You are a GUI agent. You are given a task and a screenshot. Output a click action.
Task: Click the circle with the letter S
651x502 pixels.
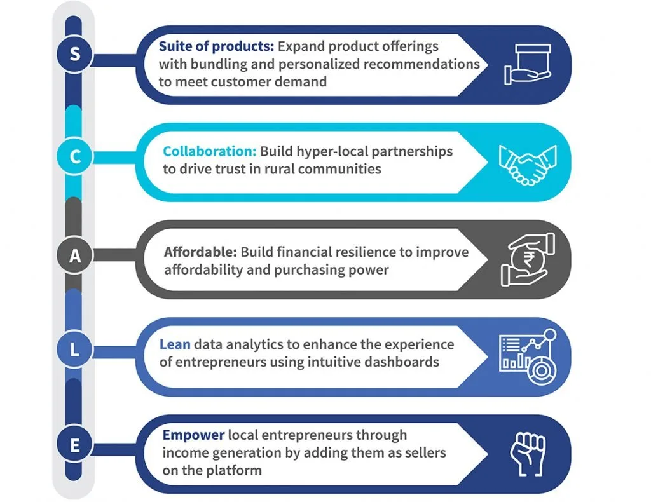coord(75,54)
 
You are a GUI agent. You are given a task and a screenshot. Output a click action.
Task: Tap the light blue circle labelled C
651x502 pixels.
coord(75,157)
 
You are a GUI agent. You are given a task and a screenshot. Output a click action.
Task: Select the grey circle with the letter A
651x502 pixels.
coord(75,255)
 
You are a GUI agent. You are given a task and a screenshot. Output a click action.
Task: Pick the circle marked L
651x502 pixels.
coord(75,349)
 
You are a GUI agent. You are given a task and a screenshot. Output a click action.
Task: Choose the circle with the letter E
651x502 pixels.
coord(75,445)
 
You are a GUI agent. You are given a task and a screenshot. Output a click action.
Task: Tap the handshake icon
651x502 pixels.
coord(528,165)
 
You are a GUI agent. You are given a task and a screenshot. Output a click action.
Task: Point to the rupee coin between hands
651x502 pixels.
coord(528,260)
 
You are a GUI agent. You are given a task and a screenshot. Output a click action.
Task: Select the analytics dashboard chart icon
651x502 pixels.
coord(528,356)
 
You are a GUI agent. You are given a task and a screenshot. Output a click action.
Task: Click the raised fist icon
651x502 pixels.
coord(528,454)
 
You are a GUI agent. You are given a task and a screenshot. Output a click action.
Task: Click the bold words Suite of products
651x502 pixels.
coord(216,46)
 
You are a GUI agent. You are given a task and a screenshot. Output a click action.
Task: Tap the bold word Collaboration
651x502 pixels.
coord(210,151)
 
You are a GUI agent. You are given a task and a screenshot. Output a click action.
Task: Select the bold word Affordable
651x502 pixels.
coord(200,252)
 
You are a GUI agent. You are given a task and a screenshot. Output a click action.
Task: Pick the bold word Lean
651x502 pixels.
coord(175,344)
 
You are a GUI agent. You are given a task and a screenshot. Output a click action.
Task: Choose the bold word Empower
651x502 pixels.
coord(193,435)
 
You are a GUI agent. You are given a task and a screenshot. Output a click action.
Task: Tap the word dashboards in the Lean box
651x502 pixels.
coord(402,362)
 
